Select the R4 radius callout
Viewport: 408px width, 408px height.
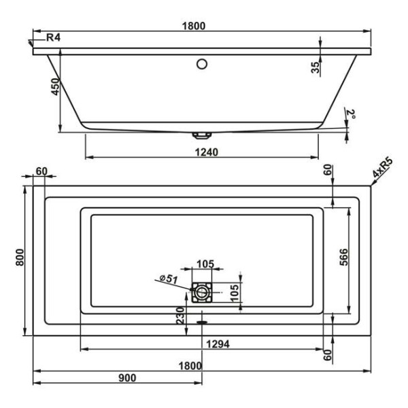53,38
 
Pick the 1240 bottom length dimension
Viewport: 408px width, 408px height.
202,152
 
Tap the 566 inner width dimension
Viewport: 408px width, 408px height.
344,258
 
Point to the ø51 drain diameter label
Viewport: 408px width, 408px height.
169,279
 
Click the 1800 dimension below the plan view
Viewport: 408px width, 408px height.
190,365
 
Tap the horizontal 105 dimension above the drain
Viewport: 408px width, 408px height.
205,265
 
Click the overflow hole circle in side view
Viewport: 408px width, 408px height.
202,65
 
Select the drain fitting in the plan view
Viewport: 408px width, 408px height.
202,293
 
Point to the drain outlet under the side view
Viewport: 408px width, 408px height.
202,133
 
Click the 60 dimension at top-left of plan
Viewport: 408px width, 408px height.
41,171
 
